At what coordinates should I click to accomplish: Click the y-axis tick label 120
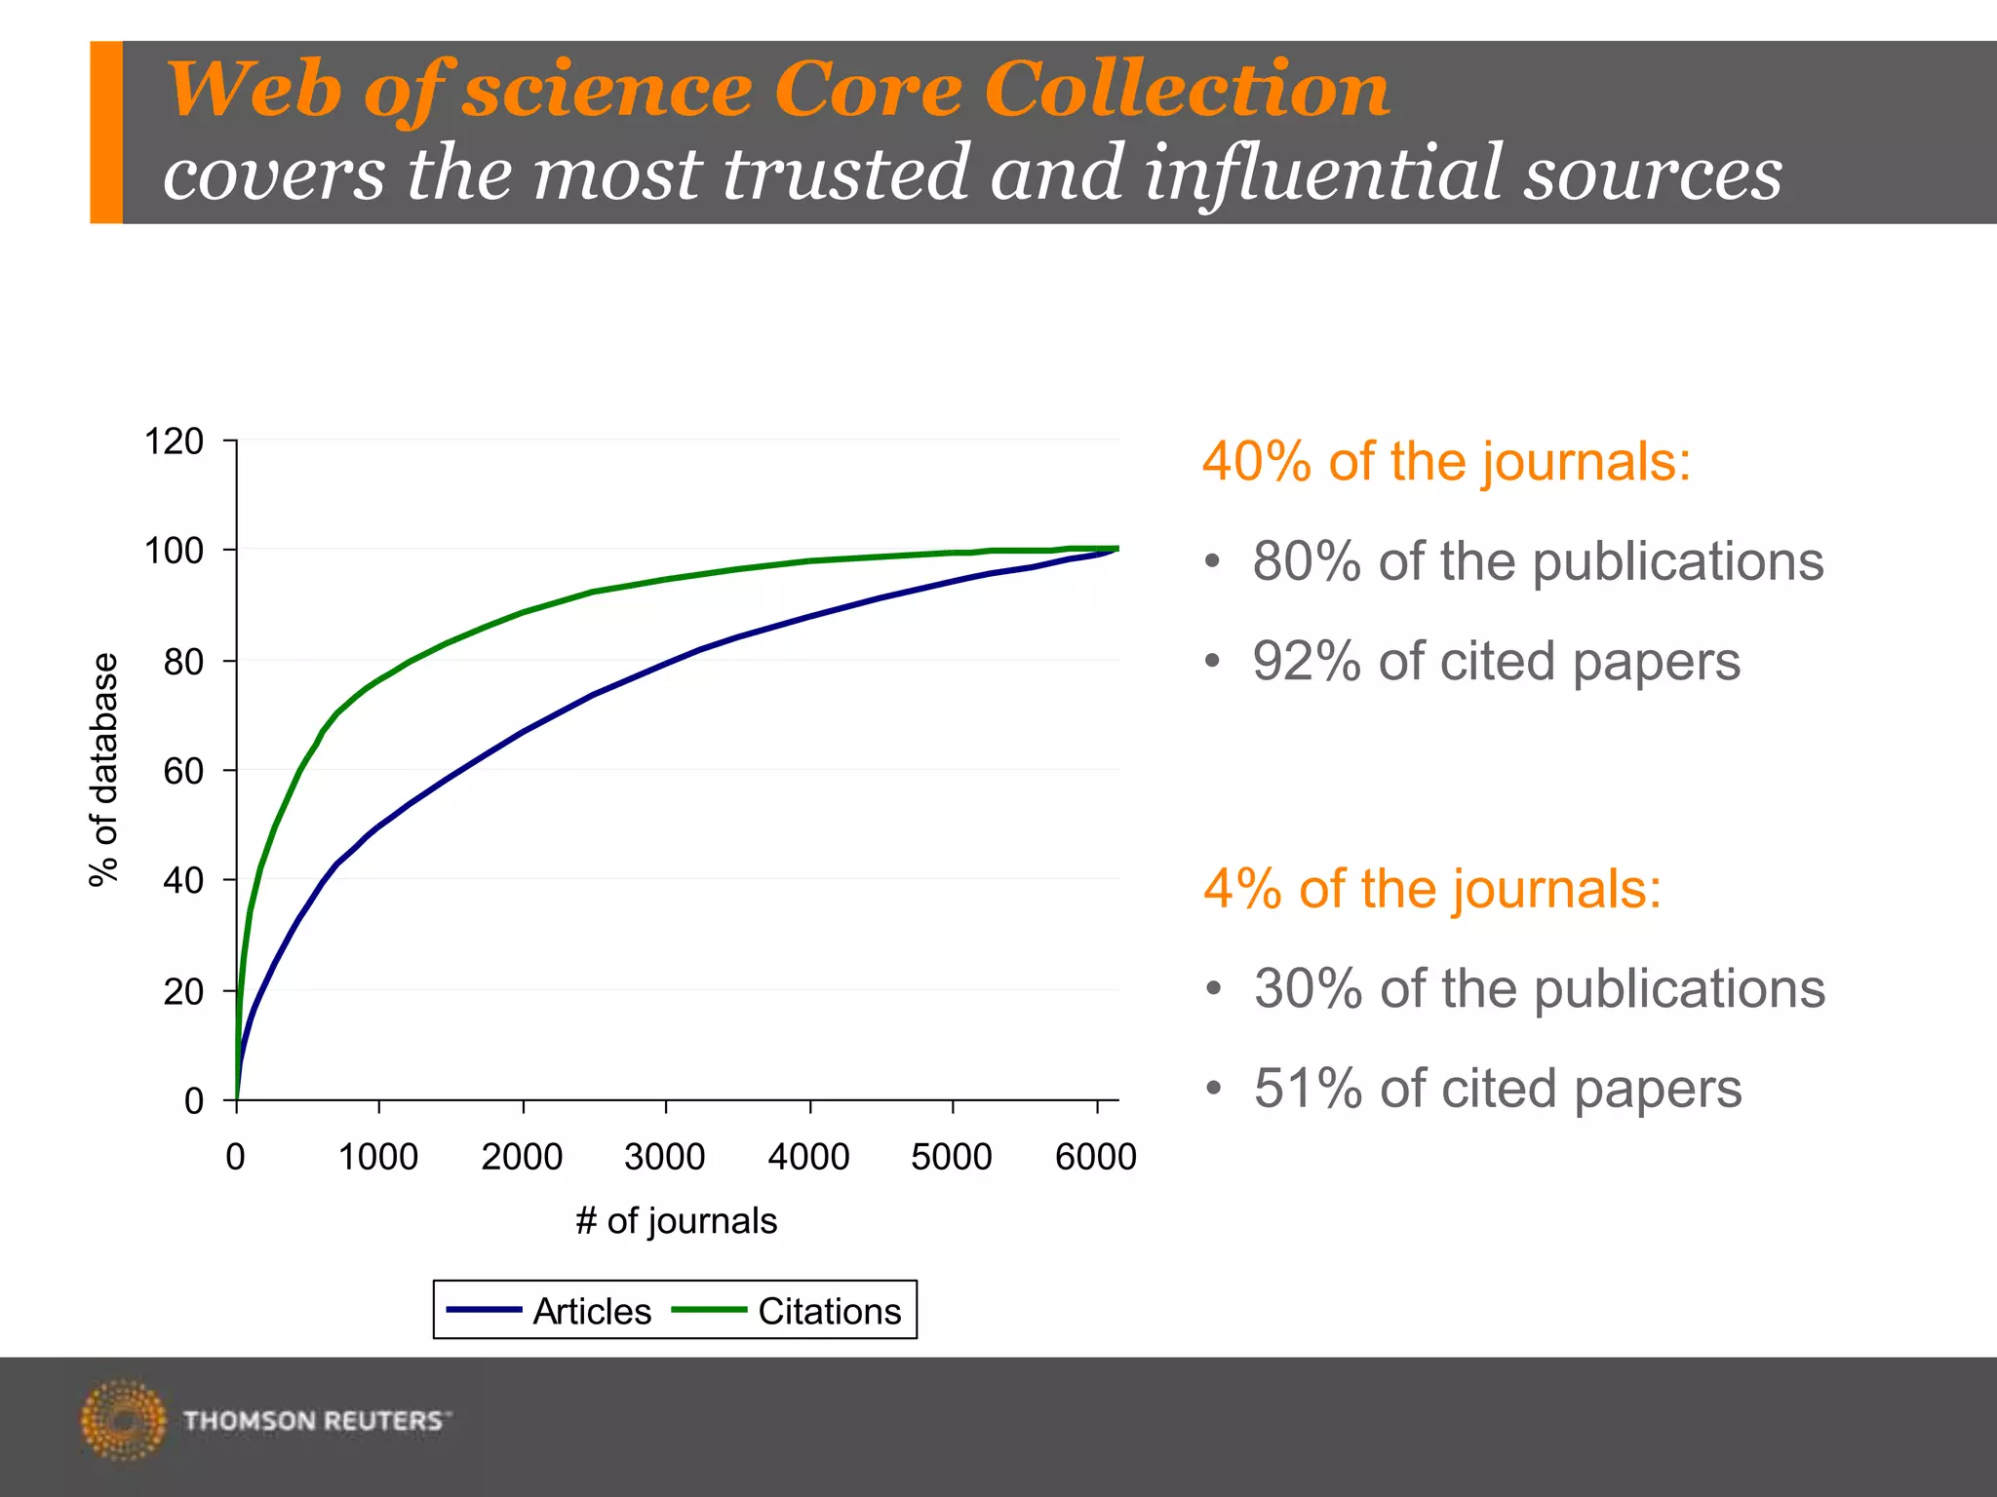[174, 441]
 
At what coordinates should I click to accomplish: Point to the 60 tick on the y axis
[183, 771]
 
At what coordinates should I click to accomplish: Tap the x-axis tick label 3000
[664, 1157]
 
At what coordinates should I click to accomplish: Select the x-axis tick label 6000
[1095, 1157]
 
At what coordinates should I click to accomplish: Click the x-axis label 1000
[378, 1157]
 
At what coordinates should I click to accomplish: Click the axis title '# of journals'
[676, 1220]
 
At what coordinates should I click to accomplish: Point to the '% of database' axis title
[103, 770]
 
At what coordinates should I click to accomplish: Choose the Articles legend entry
[548, 1311]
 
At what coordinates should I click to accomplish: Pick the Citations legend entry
[786, 1311]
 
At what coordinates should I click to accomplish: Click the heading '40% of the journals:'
[1445, 461]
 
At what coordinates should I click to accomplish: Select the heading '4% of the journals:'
[1431, 889]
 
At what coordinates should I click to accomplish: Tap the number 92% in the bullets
[1306, 662]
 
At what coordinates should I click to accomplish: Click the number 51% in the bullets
[1307, 1089]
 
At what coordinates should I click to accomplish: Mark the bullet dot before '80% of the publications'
[1212, 561]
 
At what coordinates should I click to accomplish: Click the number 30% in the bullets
[1307, 989]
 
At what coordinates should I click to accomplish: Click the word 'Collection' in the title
[1186, 90]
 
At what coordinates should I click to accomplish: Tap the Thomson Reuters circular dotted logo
[123, 1420]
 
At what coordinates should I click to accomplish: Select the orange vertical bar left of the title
[106, 132]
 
